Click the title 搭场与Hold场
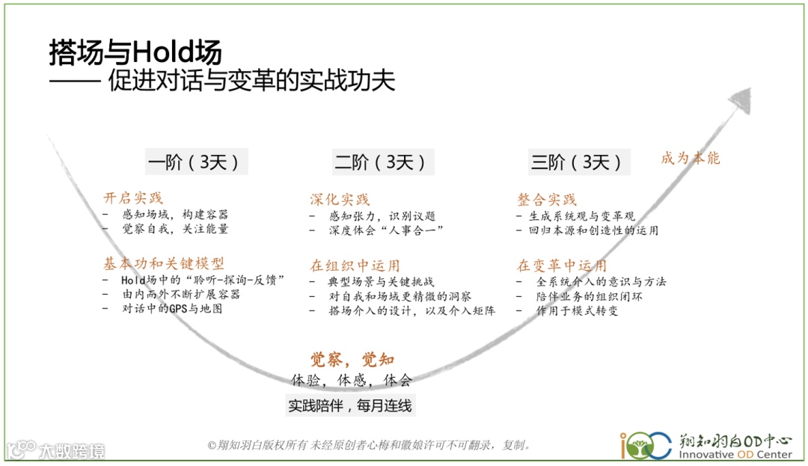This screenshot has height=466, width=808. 135,52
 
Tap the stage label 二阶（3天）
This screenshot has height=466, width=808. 382,162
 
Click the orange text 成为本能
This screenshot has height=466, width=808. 690,158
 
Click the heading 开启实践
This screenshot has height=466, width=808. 133,198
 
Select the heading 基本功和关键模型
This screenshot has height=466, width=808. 163,263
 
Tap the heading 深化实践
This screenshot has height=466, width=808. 340,199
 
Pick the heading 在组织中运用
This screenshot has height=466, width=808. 355,266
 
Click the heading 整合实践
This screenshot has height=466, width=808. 547,200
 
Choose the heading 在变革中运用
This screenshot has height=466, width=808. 562,266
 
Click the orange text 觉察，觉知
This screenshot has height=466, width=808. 352,360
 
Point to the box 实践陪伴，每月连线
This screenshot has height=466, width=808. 350,405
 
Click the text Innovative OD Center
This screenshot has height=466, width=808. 735,454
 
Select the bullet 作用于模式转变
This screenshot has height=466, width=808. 577,310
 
